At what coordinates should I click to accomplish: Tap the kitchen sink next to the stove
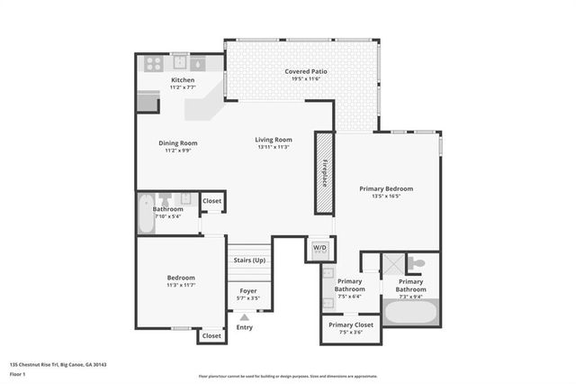178,63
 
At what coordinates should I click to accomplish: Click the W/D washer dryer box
320,247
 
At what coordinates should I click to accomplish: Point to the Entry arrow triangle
244,317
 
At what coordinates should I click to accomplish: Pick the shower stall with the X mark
392,265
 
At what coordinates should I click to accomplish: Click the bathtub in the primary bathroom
411,315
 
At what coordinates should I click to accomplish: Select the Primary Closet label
351,325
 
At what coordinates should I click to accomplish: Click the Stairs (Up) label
248,260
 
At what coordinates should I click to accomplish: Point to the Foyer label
248,290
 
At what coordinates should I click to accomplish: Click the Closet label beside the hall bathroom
212,201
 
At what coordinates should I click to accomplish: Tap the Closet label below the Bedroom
211,335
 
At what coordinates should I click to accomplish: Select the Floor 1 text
17,372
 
